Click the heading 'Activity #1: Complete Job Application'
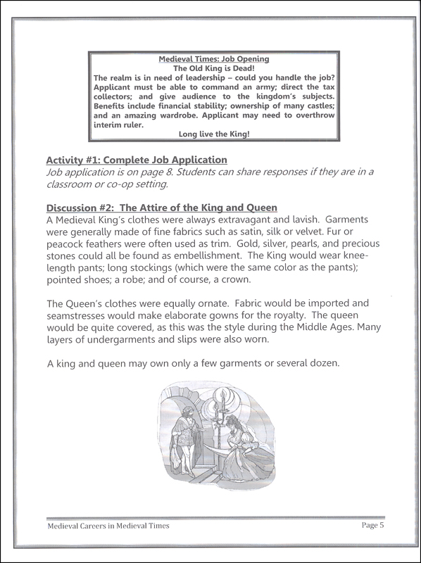tap(136, 160)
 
